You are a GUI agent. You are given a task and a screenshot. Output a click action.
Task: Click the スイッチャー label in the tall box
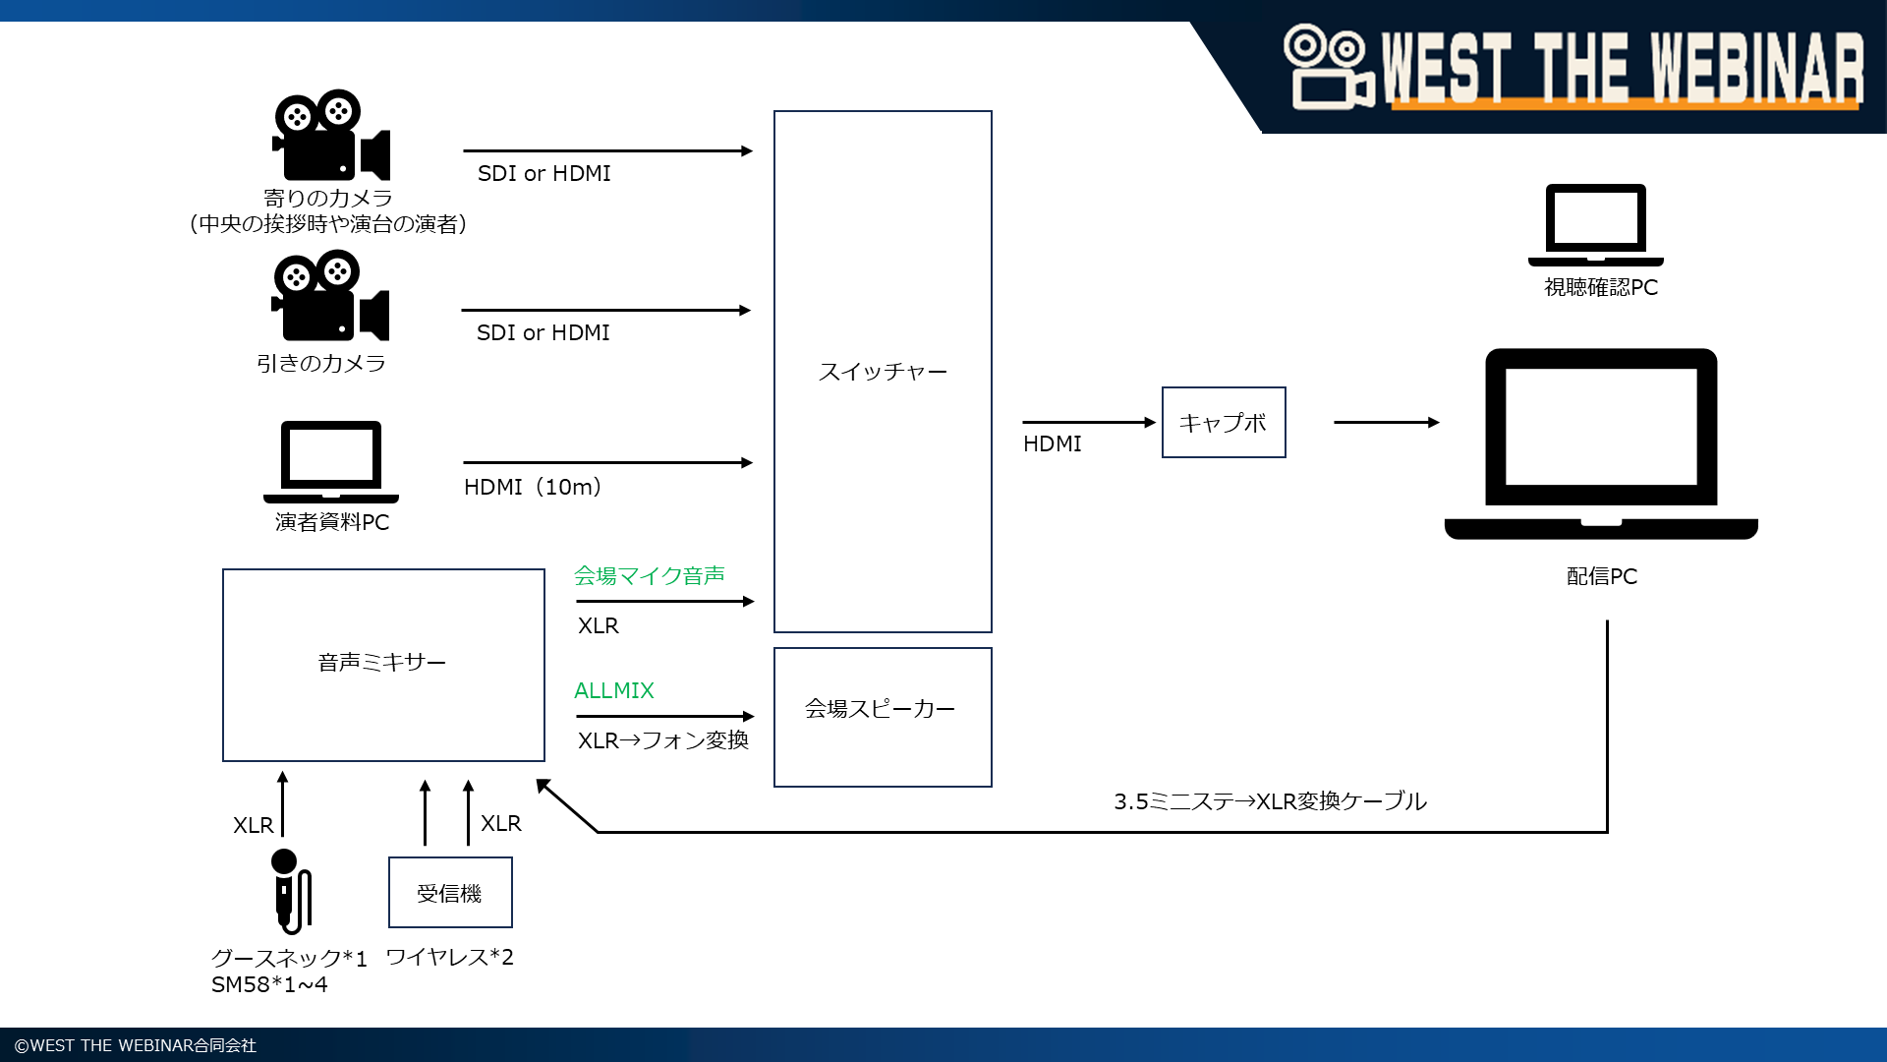pyautogui.click(x=883, y=372)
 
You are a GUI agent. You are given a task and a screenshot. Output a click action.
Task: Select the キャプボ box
pyautogui.click(x=1223, y=423)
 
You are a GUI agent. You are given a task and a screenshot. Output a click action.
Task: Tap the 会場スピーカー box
pyautogui.click(x=882, y=716)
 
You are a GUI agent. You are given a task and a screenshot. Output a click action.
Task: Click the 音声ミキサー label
pyautogui.click(x=381, y=663)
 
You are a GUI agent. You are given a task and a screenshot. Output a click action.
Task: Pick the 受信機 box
pyautogui.click(x=450, y=893)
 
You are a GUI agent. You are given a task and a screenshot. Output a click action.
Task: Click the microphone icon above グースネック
pyautogui.click(x=290, y=891)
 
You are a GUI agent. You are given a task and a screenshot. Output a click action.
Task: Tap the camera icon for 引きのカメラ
pyautogui.click(x=329, y=296)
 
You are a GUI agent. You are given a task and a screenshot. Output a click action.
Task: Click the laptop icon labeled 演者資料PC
pyautogui.click(x=331, y=461)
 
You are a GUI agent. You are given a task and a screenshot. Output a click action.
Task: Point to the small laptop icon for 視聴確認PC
pyautogui.click(x=1595, y=224)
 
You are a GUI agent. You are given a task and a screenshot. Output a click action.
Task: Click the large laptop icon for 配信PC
pyautogui.click(x=1601, y=442)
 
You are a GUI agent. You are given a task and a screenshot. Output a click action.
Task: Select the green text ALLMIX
pyautogui.click(x=613, y=690)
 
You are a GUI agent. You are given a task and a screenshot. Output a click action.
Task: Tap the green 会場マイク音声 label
pyautogui.click(x=649, y=575)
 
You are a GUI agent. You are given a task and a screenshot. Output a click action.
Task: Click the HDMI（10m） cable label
pyautogui.click(x=533, y=487)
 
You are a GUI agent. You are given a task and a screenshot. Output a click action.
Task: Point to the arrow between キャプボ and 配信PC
pyautogui.click(x=1386, y=423)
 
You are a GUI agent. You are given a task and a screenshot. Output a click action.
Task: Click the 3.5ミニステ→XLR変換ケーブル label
pyautogui.click(x=1269, y=801)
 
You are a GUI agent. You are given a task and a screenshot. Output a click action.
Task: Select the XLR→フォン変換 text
pyautogui.click(x=662, y=740)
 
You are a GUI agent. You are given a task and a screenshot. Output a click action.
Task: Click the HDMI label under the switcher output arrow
pyautogui.click(x=1052, y=443)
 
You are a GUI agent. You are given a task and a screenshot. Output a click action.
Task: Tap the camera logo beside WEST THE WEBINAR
pyautogui.click(x=1328, y=67)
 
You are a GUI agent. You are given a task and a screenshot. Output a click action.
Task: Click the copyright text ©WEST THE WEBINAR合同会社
pyautogui.click(x=136, y=1045)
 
